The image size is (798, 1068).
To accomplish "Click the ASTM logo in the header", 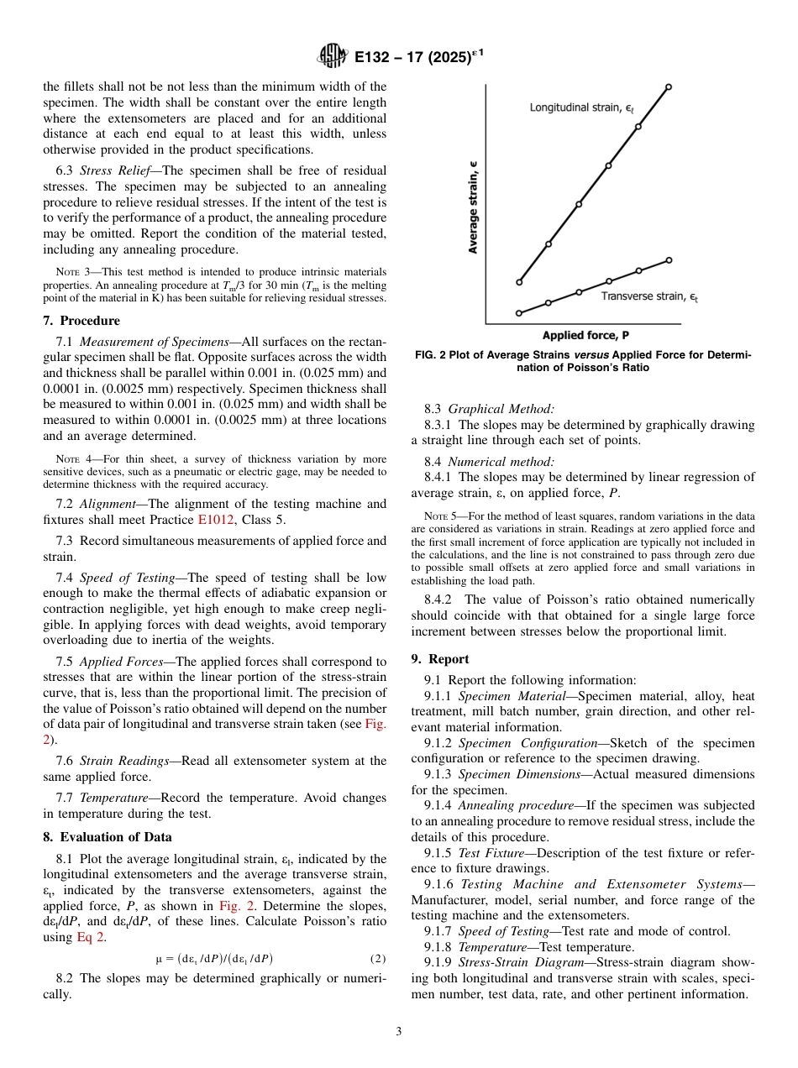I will [x=333, y=57].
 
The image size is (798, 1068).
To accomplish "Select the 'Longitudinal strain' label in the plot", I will [x=581, y=108].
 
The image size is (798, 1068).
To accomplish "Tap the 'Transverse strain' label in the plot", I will [x=649, y=296].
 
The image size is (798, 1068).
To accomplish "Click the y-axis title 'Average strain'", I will [x=474, y=207].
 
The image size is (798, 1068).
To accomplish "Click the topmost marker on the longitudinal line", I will [x=669, y=86].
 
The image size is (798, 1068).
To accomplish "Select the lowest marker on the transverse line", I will [x=519, y=313].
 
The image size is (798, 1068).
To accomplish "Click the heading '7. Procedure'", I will [x=81, y=321].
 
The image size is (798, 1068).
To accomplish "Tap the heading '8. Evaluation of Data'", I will [x=108, y=837].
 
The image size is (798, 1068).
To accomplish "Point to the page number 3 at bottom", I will [x=398, y=1032].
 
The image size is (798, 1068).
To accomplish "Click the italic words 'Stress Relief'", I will [x=113, y=170].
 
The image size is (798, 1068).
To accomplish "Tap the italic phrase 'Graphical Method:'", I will [x=501, y=410].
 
